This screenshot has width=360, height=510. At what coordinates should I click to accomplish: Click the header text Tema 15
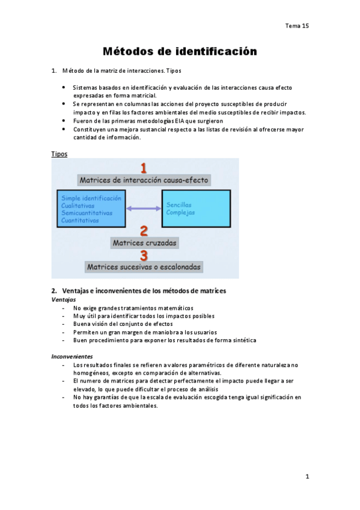coord(297,26)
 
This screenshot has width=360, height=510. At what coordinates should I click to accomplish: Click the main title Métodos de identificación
coord(180,52)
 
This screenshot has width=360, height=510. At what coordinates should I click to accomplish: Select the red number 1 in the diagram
coord(144,168)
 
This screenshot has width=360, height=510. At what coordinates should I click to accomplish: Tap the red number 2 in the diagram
coord(144,230)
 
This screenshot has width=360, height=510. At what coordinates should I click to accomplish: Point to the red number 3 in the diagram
coord(144,254)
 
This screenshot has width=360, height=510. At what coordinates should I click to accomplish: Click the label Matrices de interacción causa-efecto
coord(144,180)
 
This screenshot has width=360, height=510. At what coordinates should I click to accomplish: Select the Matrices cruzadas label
coord(144,242)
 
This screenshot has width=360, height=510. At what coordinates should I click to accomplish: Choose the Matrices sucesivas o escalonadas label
coord(144,266)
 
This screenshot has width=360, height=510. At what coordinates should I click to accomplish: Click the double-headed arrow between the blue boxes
coord(144,209)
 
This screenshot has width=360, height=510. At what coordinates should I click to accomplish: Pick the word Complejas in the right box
coord(181,212)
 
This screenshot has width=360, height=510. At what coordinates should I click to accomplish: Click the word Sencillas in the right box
coord(180,205)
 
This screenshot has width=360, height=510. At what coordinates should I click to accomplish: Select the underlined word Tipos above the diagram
coord(59,154)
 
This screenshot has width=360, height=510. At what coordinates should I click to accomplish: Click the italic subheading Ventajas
coord(64,299)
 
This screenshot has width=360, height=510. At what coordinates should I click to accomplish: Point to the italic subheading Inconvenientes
coord(72,356)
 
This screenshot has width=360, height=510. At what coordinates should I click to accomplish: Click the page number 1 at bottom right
coord(307,477)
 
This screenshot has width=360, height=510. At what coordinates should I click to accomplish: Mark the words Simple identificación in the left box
coord(91,198)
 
